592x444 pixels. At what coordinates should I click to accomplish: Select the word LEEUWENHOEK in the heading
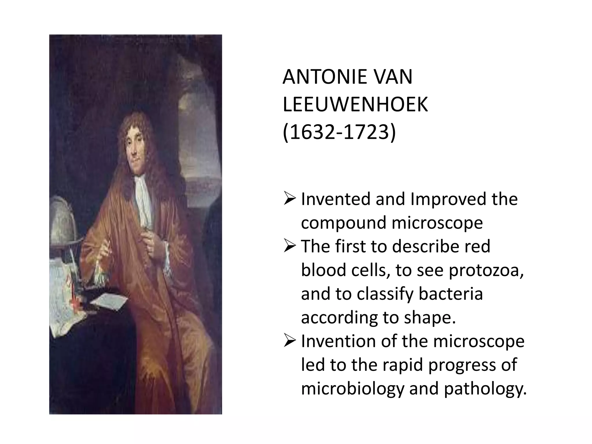355,105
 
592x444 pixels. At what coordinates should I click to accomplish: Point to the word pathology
485,388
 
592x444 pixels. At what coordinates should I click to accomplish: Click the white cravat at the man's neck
143,197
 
